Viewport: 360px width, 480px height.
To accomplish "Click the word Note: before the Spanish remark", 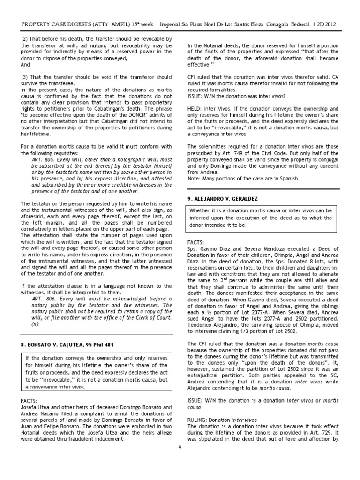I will click(x=195, y=178).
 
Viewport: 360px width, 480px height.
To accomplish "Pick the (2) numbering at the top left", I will click(x=25, y=38).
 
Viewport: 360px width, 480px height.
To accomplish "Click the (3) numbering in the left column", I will click(x=25, y=76).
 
